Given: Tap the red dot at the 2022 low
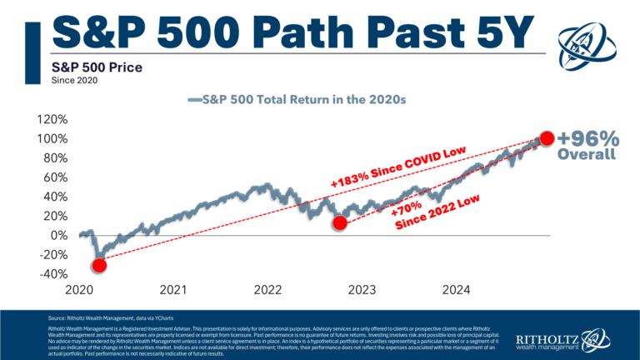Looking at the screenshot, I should (339, 223).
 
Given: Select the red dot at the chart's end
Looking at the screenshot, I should (547, 138).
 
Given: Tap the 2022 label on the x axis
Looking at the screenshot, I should (268, 291).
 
